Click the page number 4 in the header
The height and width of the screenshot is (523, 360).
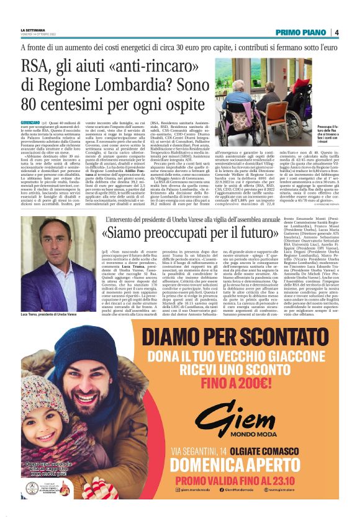coord(336,32)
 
